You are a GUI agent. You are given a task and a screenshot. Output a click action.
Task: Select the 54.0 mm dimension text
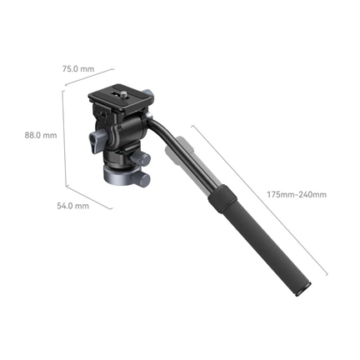72,206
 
